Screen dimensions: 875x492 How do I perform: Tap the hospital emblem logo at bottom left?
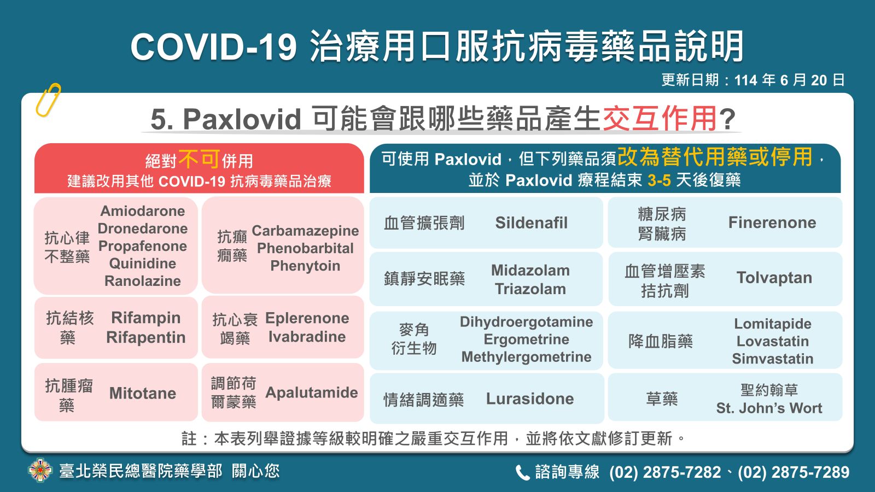coord(40,471)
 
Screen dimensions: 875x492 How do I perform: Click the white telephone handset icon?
coord(522,472)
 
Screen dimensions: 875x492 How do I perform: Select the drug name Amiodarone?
coord(143,211)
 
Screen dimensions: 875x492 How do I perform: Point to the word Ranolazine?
coord(143,281)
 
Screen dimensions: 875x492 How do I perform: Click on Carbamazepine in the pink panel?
coord(305,231)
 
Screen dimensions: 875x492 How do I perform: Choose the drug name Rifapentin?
coord(145,337)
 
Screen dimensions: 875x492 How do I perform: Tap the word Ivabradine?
coord(307,337)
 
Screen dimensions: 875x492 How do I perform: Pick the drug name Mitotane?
coord(143,393)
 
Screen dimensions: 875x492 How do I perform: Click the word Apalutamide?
coord(312,393)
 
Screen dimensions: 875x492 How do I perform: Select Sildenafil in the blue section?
coord(531,222)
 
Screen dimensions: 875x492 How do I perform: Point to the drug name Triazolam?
coord(530,289)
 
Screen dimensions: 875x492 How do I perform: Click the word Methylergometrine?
coord(527,357)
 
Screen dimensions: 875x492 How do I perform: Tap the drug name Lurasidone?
coord(530,399)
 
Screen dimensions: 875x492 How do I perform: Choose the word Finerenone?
coord(772,222)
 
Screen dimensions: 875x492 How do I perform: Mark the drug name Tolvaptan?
coord(774,278)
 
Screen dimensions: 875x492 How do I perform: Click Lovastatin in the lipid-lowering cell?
coord(773,341)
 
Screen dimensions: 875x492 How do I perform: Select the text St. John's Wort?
coord(769,408)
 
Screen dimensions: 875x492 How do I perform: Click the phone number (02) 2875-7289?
coord(794,472)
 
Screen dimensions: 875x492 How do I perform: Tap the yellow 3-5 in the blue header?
coord(659,180)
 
